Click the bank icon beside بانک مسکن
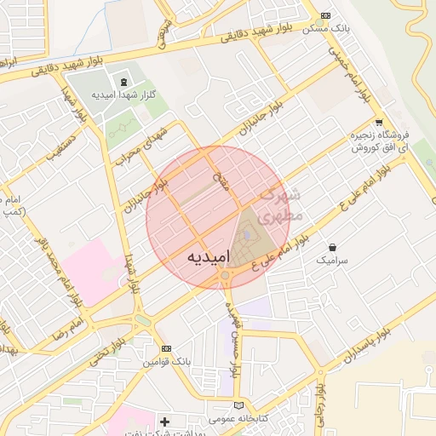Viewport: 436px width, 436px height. pyautogui.click(x=325, y=16)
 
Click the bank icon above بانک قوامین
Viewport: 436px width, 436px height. pyautogui.click(x=166, y=348)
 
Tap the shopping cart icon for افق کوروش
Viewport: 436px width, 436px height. pyautogui.click(x=379, y=122)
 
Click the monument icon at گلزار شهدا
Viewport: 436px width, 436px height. pyautogui.click(x=124, y=82)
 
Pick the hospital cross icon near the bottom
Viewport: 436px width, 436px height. pyautogui.click(x=164, y=422)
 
